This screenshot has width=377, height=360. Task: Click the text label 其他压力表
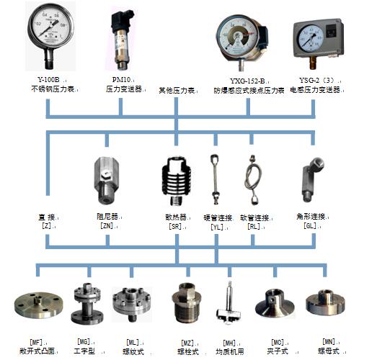178,91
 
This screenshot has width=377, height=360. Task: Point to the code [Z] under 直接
48,225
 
